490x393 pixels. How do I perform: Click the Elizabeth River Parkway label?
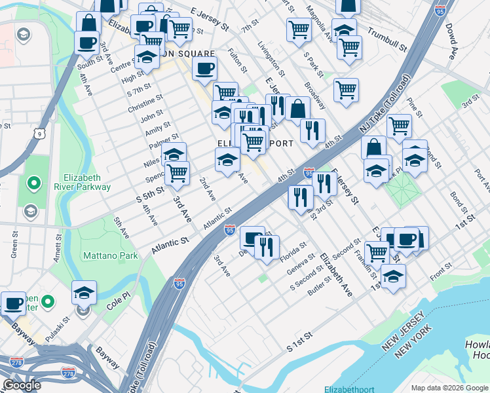tap(87, 182)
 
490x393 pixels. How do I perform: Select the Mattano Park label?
tap(110, 255)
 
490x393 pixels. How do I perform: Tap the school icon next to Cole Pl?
tap(84, 291)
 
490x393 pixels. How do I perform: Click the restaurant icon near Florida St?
tap(266, 247)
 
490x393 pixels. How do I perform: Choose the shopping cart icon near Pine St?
tap(398, 124)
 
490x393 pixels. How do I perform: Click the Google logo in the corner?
tap(22, 385)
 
